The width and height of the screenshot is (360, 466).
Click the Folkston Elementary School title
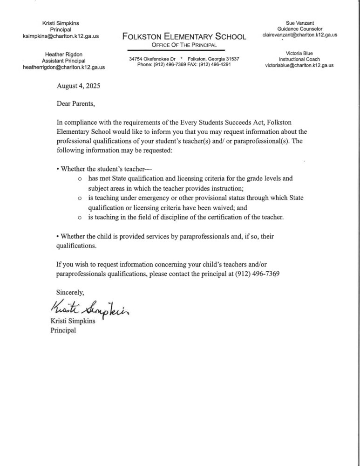[x=184, y=36]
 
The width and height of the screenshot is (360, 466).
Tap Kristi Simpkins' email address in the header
[x=64, y=36]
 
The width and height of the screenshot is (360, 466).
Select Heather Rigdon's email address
[x=64, y=67]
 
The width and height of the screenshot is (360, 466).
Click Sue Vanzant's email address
[x=299, y=35]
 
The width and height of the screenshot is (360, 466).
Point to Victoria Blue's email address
[x=299, y=66]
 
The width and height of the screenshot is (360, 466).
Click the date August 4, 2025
[x=78, y=86]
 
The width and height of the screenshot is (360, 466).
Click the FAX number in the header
[x=214, y=64]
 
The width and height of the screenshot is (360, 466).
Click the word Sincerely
[x=70, y=293]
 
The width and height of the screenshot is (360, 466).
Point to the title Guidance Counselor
[x=299, y=29]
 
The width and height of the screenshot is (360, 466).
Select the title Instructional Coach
[x=299, y=60]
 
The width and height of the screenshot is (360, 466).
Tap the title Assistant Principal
[x=64, y=61]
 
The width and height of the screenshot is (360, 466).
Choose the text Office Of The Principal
[x=184, y=45]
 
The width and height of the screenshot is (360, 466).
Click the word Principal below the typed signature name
[x=63, y=331]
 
